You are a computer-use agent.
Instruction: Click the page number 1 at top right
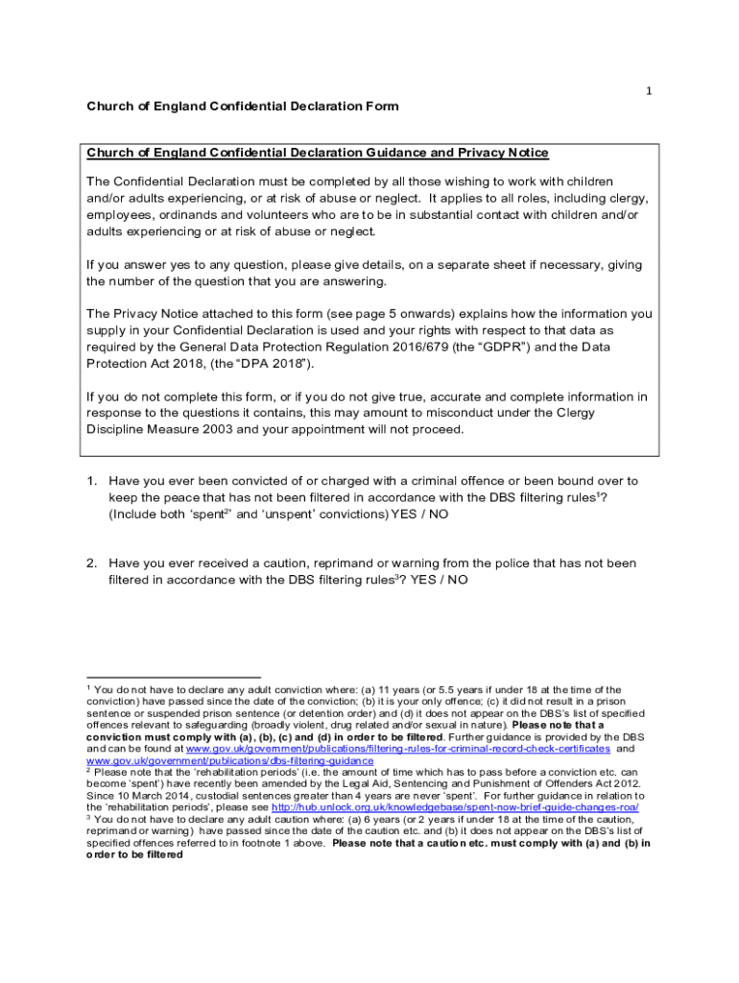(x=650, y=91)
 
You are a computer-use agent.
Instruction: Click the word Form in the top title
(x=379, y=106)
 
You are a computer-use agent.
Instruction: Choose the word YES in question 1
(x=406, y=514)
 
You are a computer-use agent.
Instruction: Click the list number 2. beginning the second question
(x=93, y=563)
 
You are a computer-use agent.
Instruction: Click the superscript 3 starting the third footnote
(x=89, y=817)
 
